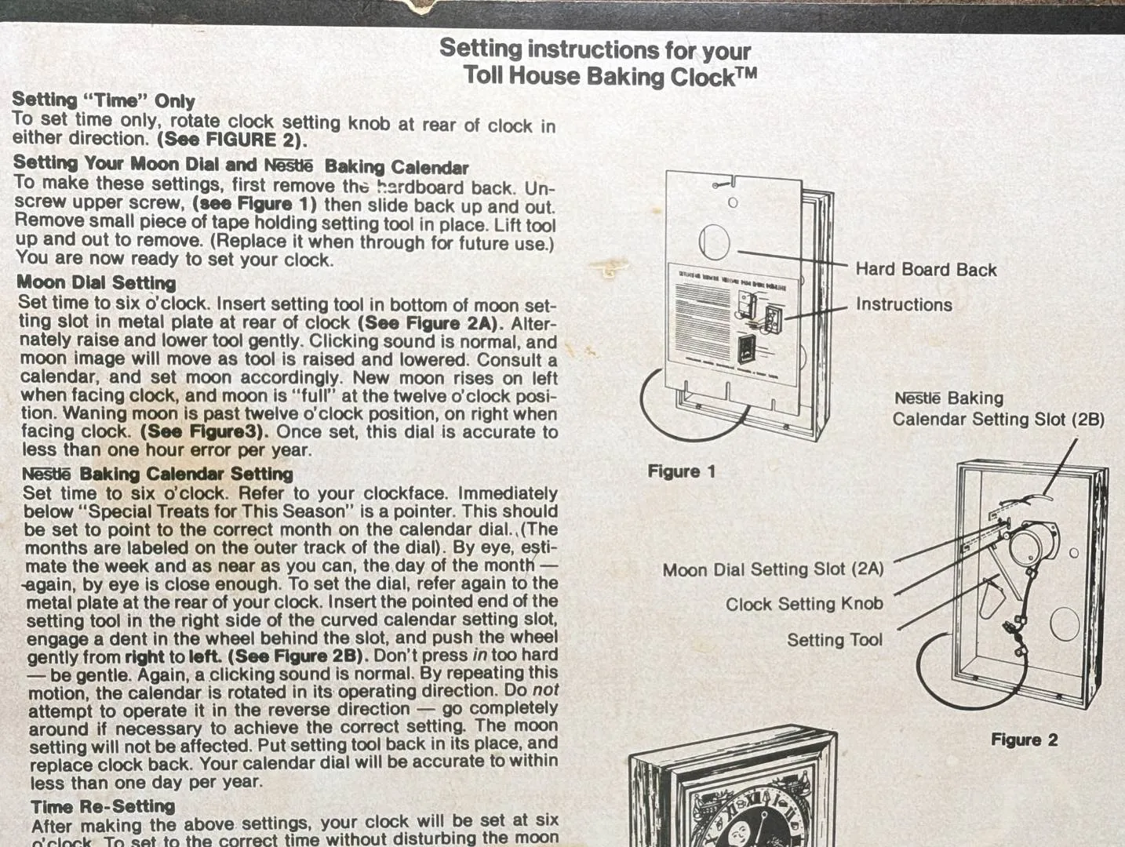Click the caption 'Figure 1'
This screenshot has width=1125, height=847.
[681, 471]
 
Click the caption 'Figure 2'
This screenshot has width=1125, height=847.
[1024, 740]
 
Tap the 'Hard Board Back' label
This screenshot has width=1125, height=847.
[926, 270]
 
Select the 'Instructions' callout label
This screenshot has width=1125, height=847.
[904, 304]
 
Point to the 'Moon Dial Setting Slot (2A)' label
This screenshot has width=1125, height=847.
[773, 569]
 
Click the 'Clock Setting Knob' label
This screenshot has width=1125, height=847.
[804, 604]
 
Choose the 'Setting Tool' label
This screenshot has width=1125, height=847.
[835, 640]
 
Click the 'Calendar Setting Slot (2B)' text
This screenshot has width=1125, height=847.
[999, 419]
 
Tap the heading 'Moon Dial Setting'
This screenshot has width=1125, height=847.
[96, 282]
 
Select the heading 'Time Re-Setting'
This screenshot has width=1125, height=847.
[103, 806]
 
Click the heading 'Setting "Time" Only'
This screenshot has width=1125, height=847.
[104, 100]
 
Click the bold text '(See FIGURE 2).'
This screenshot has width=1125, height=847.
[232, 140]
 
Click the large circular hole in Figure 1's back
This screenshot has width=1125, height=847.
[714, 242]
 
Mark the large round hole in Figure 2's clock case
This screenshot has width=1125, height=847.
[1065, 624]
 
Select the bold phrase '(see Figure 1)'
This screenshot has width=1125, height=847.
[254, 204]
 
